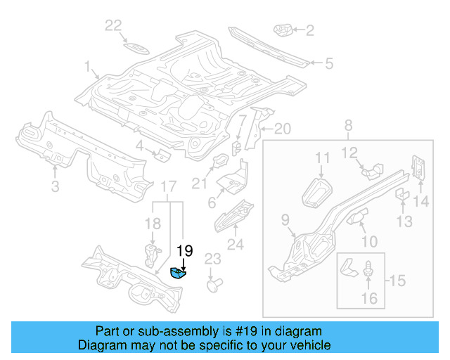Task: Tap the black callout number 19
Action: (184, 250)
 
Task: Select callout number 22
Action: (113, 26)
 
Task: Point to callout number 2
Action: (309, 30)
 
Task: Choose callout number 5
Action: (328, 63)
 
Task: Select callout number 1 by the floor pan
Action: (89, 68)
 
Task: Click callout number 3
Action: (55, 186)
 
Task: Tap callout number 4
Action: (140, 146)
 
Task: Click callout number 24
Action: (234, 245)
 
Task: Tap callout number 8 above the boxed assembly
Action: (347, 127)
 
